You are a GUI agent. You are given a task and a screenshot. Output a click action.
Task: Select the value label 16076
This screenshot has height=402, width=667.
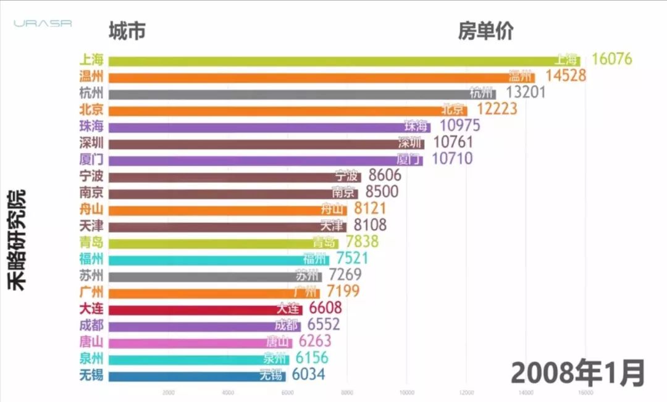click(x=611, y=59)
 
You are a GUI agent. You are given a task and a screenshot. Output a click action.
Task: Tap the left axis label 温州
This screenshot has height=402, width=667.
click(x=91, y=77)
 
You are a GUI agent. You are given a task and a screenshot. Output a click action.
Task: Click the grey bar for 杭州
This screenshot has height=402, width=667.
click(x=302, y=94)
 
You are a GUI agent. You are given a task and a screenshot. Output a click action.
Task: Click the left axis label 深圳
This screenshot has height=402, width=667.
click(x=91, y=143)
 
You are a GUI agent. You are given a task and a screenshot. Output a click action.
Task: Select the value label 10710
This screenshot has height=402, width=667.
click(x=451, y=159)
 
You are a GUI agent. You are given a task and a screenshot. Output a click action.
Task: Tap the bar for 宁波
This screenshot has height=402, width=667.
click(x=235, y=177)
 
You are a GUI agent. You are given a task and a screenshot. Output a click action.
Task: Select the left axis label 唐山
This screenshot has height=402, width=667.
click(x=91, y=341)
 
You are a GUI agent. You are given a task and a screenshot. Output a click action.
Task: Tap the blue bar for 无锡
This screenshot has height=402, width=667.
click(x=197, y=375)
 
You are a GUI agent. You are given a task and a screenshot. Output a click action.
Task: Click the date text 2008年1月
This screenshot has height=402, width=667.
click(x=577, y=373)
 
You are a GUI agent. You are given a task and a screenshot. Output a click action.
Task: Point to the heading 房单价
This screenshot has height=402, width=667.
click(x=485, y=30)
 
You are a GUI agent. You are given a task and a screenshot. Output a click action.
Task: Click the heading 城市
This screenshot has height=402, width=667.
click(x=127, y=30)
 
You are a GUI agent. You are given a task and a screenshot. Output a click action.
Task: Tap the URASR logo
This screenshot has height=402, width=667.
click(x=43, y=23)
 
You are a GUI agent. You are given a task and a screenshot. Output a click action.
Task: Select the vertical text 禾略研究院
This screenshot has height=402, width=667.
click(x=18, y=241)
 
